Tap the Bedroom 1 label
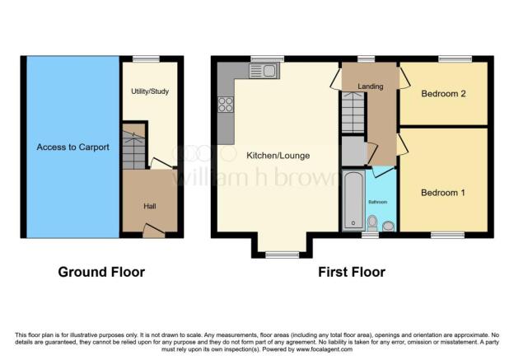[x=443, y=193]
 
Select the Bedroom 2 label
[x=443, y=94]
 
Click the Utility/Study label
[x=150, y=91]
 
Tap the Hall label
[x=150, y=206]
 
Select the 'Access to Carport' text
[x=72, y=147]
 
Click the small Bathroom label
[x=377, y=202]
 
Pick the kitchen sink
[x=269, y=72]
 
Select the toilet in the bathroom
[x=372, y=222]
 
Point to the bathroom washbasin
[x=388, y=225]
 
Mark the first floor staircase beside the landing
[x=353, y=114]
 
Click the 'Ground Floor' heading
[x=101, y=272]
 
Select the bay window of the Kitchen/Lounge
[x=282, y=255]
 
